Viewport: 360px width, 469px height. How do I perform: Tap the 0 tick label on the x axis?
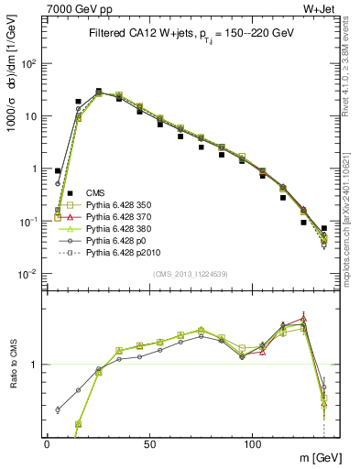pos(47,444)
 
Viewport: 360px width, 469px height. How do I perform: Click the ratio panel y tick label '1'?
pos(34,365)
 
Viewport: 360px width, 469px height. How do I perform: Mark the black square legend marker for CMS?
pos(58,192)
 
